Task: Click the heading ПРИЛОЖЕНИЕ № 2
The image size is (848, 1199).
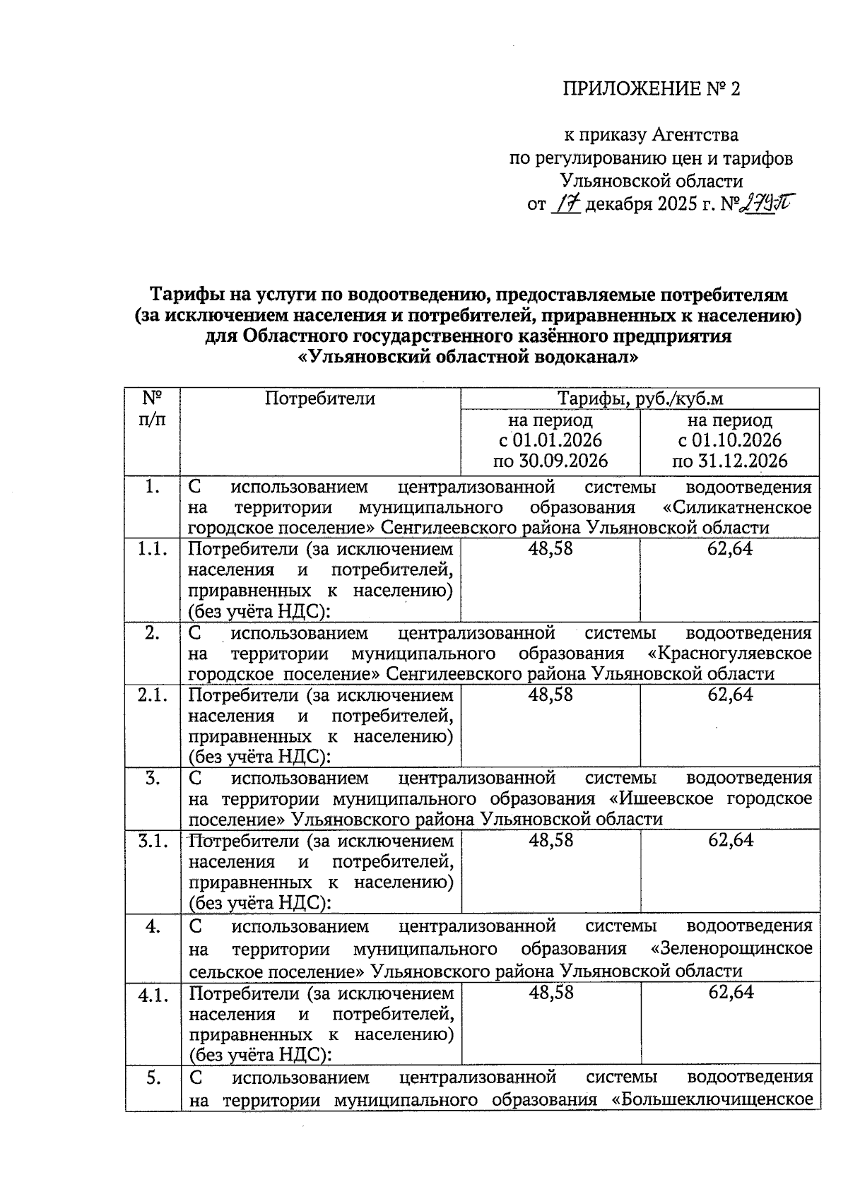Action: coord(651,89)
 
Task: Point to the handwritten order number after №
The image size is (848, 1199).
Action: coord(765,204)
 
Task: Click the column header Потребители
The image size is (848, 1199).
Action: coord(320,399)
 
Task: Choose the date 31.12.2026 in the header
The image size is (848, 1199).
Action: coord(730,461)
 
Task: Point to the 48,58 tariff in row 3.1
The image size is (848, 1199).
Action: coord(550,841)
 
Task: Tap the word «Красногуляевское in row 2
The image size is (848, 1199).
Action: coord(730,654)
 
